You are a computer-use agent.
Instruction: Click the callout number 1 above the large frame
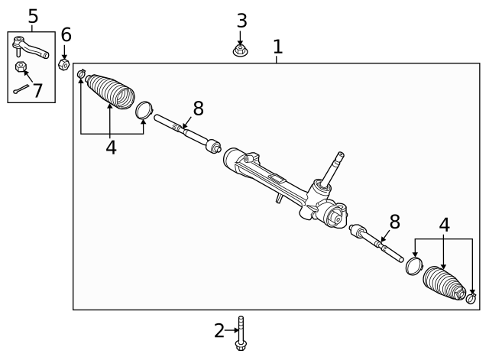pos(277,47)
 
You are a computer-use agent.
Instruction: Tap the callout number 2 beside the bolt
pos(219,330)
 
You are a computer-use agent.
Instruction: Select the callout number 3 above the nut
pos(241,21)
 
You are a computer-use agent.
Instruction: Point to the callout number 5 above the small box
pos(32,15)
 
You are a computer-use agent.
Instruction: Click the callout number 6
pos(66,34)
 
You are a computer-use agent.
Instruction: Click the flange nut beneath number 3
pos(241,51)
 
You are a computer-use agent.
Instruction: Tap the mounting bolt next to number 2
pos(241,335)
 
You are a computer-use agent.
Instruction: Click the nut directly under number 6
pos(65,63)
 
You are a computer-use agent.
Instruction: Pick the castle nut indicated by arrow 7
pos(21,68)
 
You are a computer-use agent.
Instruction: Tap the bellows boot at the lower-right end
pos(445,284)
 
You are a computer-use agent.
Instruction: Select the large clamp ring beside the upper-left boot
pos(144,109)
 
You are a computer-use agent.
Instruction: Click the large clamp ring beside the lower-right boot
pos(413,265)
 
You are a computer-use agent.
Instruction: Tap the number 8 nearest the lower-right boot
pos(394,222)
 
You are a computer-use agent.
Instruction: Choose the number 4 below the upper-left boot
pos(111,147)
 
